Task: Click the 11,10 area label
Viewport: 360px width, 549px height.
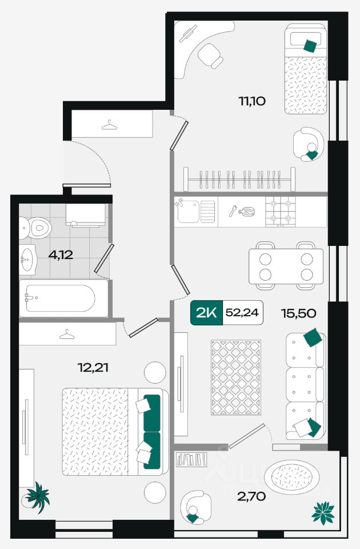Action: tap(252, 101)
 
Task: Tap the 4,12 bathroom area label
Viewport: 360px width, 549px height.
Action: tap(61, 254)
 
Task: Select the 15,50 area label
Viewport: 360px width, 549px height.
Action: tap(298, 313)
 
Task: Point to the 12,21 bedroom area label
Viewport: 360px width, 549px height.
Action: tap(93, 368)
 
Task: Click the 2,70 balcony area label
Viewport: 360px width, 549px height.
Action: tap(251, 496)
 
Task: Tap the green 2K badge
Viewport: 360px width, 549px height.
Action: tap(206, 313)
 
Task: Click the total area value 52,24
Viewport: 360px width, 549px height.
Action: tap(242, 313)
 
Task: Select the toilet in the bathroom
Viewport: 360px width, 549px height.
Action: tap(35, 228)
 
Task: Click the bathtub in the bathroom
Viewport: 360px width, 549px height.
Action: tap(63, 299)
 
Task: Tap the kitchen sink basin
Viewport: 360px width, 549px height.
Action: tap(188, 212)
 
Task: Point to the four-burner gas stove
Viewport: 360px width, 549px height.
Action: tap(280, 211)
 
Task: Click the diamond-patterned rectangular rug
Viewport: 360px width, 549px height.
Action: tap(236, 377)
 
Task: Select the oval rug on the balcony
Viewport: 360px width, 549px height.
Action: tap(291, 477)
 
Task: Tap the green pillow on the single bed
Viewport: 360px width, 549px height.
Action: tap(310, 46)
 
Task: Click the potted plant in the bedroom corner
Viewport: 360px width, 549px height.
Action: tap(37, 497)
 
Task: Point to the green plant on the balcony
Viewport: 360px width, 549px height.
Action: tap(323, 514)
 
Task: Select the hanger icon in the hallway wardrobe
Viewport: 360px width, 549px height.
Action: tap(110, 125)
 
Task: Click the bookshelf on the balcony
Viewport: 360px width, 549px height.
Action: tap(191, 459)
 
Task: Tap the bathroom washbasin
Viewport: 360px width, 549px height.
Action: tap(27, 260)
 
